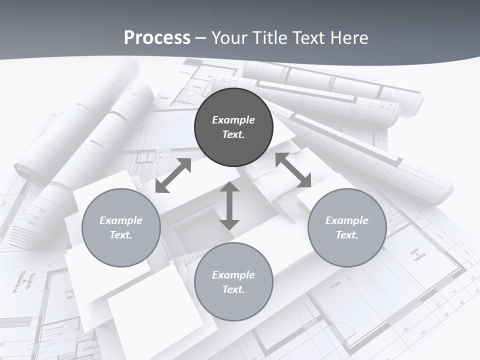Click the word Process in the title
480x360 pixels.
157,38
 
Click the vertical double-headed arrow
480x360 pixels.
229,205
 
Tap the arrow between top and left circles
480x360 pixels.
173,175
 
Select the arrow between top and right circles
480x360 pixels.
293,170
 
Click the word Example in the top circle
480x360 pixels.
233,120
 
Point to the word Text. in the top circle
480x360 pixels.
233,134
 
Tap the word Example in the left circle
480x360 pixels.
121,220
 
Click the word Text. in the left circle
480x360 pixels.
121,235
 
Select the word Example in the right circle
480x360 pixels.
347,220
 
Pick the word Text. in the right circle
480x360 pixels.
347,235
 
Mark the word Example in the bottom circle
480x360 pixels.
233,275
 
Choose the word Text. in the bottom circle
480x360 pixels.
233,289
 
